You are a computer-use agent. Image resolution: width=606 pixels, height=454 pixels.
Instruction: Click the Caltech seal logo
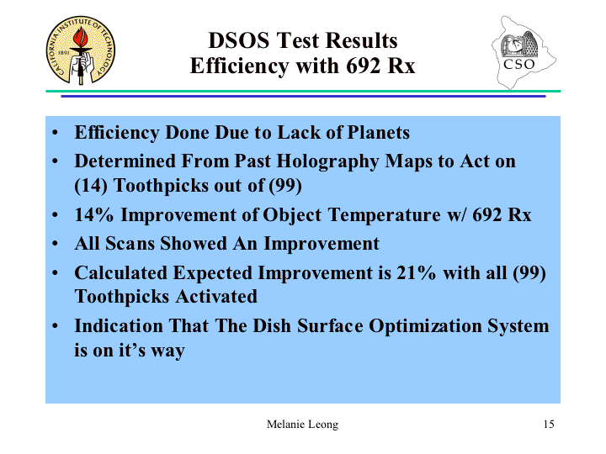coord(81,50)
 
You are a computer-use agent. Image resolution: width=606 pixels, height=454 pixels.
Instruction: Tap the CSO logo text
coord(519,64)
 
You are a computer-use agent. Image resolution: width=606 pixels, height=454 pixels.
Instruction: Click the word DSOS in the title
coord(239,40)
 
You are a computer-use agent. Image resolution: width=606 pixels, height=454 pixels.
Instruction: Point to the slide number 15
coord(549,425)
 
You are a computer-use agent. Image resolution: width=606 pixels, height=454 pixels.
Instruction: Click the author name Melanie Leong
coord(302,425)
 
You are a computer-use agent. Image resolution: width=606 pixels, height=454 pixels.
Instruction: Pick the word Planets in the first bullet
coord(379,133)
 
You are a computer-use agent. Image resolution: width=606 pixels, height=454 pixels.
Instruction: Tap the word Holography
coord(327,161)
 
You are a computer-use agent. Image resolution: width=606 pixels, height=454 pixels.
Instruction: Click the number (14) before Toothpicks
coord(91,185)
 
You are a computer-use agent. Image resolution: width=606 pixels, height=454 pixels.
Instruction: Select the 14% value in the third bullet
coord(94,214)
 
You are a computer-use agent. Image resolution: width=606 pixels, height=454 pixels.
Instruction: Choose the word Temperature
coord(384,215)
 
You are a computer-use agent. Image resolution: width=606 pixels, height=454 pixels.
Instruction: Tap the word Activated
coord(216,297)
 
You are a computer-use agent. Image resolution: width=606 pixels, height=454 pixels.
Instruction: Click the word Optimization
coord(425,326)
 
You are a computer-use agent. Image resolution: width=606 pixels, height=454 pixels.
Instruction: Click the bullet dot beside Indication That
coord(55,326)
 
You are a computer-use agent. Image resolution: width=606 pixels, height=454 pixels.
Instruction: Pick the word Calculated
coord(121,273)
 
